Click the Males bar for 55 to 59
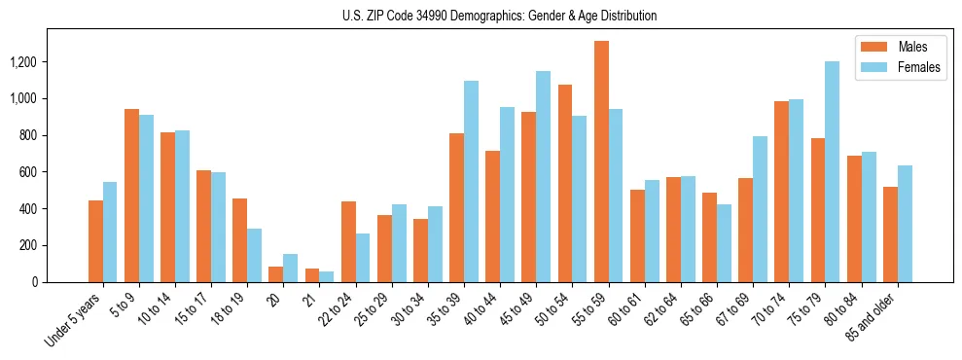coord(601,162)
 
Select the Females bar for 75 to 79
coord(833,172)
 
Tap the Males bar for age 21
coord(312,275)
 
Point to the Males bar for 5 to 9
coord(131,196)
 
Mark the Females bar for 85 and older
coord(905,224)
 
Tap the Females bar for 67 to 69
coord(761,209)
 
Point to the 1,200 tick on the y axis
coord(51,62)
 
